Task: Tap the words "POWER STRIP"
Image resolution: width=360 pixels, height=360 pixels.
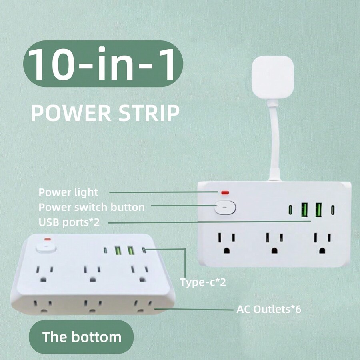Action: [105, 113]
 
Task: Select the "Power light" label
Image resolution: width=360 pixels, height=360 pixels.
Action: [68, 192]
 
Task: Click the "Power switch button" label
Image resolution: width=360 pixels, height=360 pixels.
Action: [92, 207]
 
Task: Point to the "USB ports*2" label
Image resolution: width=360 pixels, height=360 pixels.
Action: [69, 222]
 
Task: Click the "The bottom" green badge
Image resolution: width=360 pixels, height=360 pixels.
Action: [82, 336]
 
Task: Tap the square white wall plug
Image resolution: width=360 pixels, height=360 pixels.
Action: [273, 76]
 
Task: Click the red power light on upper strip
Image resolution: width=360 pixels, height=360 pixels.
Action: [225, 193]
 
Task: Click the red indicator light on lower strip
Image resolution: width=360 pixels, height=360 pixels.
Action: [48, 240]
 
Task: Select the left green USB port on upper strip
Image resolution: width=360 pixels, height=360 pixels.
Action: [304, 209]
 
